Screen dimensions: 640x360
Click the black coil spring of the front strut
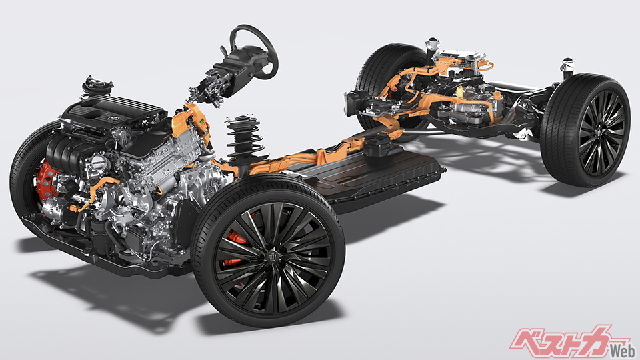pos(243,139)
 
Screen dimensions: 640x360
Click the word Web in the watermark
pos(622,350)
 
